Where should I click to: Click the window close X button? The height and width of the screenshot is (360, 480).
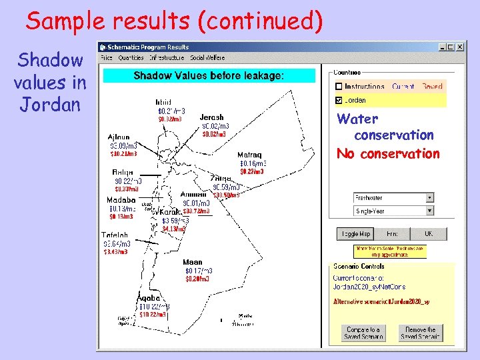(459, 47)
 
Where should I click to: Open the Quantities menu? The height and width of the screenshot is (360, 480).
(131, 58)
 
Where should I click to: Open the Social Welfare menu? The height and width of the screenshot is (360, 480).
(207, 58)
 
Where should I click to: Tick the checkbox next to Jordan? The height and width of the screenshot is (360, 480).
(339, 100)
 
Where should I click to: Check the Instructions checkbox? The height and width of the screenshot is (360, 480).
(339, 87)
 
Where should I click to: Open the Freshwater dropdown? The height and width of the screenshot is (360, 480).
(429, 197)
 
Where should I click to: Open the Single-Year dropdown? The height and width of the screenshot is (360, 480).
(429, 211)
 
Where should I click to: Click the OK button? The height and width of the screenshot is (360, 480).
(429, 234)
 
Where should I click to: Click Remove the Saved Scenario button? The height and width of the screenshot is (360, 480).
(421, 333)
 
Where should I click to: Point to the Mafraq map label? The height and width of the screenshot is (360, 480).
(249, 155)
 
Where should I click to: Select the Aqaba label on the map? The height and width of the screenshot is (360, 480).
(149, 298)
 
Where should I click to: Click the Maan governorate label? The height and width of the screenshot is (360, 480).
(192, 262)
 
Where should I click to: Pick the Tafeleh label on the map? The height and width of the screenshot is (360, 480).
(115, 235)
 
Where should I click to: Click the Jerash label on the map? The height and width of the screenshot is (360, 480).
(211, 117)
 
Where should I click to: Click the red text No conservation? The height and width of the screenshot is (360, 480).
(388, 154)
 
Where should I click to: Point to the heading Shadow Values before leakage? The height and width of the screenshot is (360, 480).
(209, 76)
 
